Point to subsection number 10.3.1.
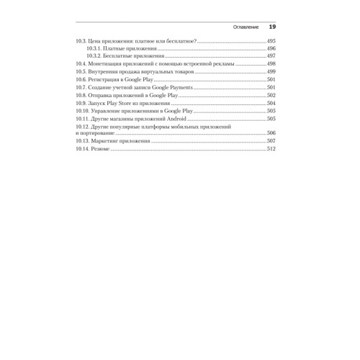click(94, 48)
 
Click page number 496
click(271, 48)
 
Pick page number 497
click(271, 56)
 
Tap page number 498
click(271, 64)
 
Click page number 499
click(271, 72)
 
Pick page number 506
click(271, 134)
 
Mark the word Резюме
click(100, 150)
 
